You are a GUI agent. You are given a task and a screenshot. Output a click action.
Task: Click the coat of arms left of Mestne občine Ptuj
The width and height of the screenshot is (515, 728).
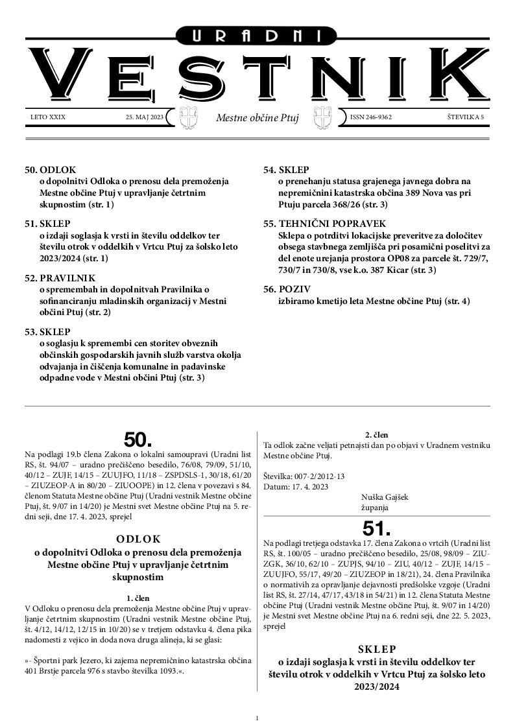(187, 118)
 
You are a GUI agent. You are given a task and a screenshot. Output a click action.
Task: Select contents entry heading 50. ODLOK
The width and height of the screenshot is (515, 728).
(51, 170)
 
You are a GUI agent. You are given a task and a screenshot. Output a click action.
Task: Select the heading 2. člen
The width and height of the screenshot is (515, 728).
(376, 435)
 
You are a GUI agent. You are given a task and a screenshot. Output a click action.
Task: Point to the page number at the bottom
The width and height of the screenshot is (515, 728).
(257, 718)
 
